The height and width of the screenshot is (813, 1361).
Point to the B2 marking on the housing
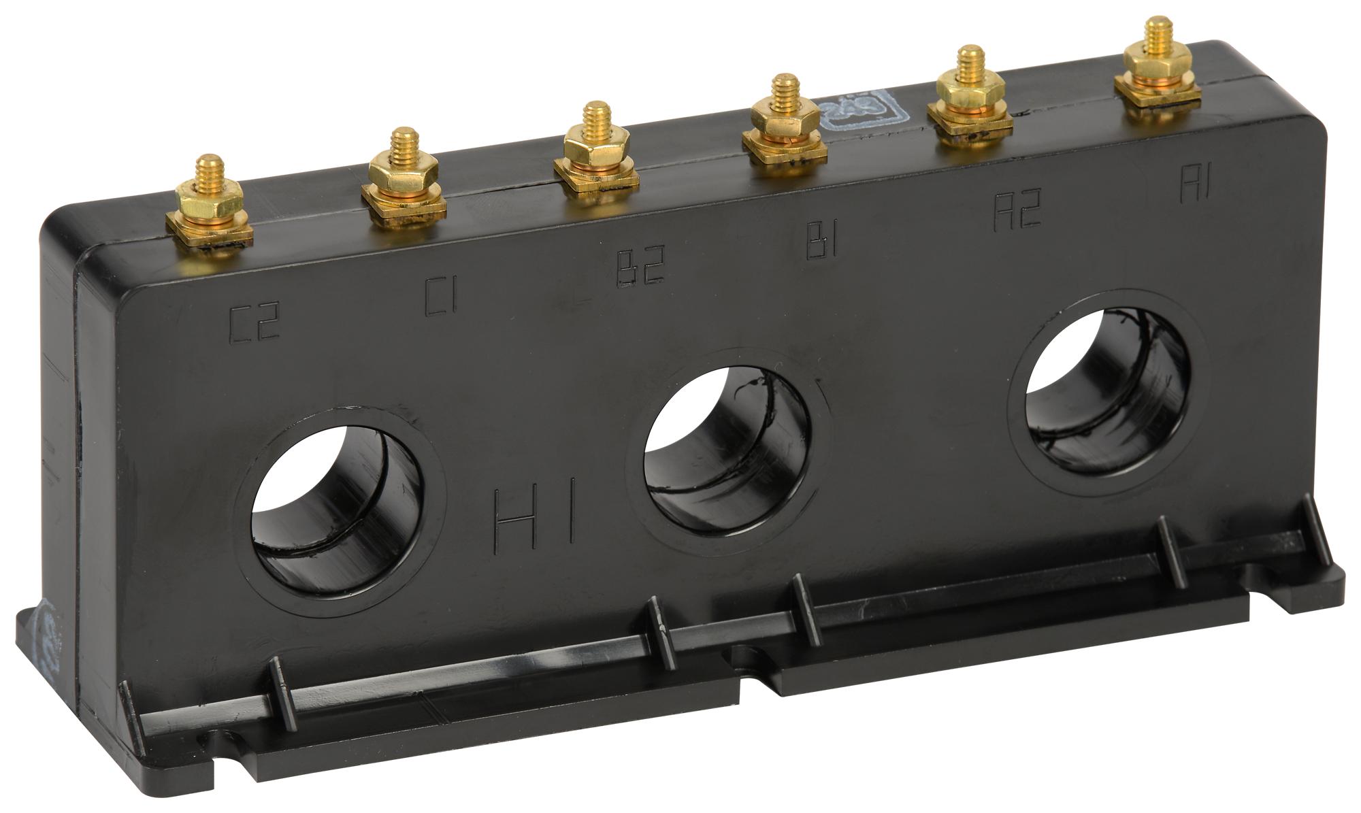pos(639,268)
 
